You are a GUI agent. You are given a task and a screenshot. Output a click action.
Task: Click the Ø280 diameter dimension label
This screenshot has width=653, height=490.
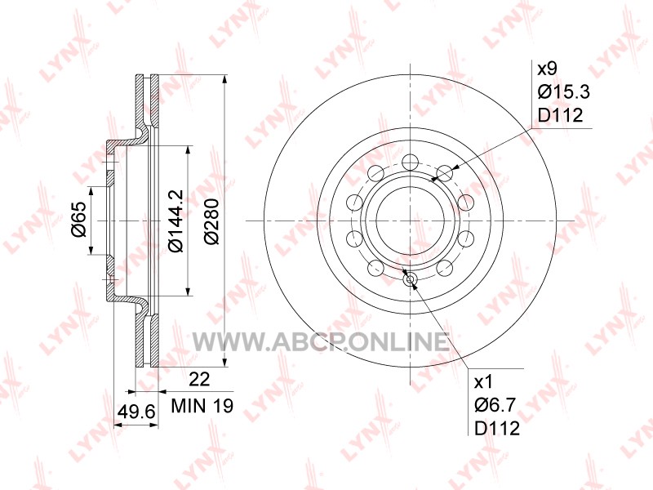212,221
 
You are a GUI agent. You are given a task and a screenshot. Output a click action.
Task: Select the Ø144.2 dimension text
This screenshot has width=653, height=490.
176,220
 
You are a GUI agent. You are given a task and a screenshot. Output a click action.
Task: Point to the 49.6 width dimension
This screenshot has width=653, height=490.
136,412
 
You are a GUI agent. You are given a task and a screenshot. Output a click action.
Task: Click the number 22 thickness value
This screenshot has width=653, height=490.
199,380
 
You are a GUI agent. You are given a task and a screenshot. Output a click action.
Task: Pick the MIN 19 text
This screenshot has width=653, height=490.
202,405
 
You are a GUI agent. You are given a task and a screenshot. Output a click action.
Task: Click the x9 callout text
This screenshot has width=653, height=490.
547,69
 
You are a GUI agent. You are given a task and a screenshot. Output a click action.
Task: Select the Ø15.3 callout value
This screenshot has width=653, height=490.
564,91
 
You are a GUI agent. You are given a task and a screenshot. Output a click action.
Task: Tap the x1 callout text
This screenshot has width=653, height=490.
483,381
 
